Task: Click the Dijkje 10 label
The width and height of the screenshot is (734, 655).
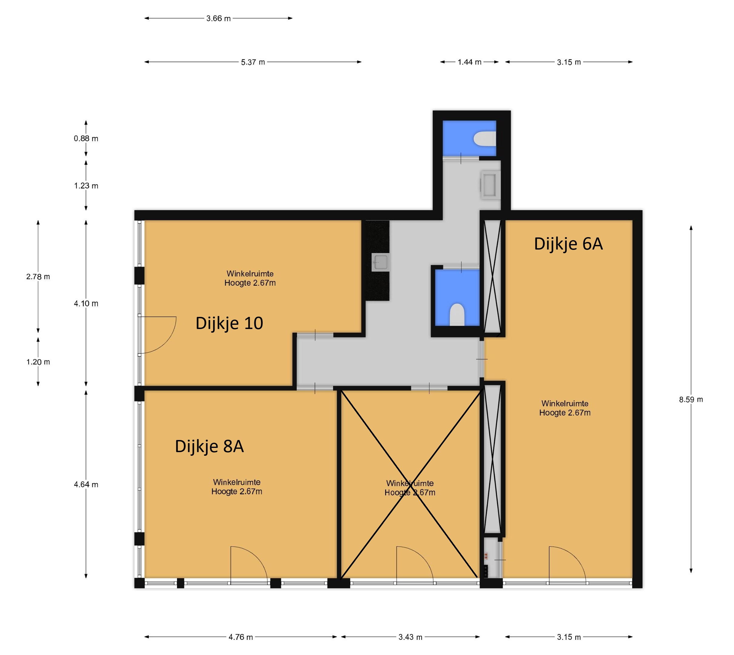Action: pyautogui.click(x=229, y=323)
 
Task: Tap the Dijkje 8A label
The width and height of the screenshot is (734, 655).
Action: pyautogui.click(x=209, y=446)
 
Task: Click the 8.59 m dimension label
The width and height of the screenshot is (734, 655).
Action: pyautogui.click(x=690, y=399)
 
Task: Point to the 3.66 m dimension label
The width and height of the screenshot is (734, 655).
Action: pyautogui.click(x=218, y=18)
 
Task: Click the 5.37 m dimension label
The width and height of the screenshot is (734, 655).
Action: pyautogui.click(x=253, y=62)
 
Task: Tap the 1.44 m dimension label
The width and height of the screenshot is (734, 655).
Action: pyautogui.click(x=469, y=62)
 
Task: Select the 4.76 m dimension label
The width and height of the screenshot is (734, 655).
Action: pyautogui.click(x=241, y=637)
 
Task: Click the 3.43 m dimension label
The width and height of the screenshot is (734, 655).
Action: pyautogui.click(x=410, y=637)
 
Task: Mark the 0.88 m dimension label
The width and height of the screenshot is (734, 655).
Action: pyautogui.click(x=86, y=139)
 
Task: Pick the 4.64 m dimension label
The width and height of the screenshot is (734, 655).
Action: pyautogui.click(x=86, y=484)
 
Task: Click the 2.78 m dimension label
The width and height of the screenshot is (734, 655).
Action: pyautogui.click(x=38, y=277)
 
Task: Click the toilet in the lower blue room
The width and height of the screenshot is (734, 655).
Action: pyautogui.click(x=457, y=315)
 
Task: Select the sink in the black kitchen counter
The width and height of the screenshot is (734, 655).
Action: pyautogui.click(x=380, y=262)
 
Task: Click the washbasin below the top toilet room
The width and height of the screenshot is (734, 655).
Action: pyautogui.click(x=489, y=185)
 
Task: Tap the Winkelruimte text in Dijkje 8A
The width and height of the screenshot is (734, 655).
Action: pyautogui.click(x=237, y=482)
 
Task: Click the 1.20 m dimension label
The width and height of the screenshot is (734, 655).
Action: pyautogui.click(x=38, y=362)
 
